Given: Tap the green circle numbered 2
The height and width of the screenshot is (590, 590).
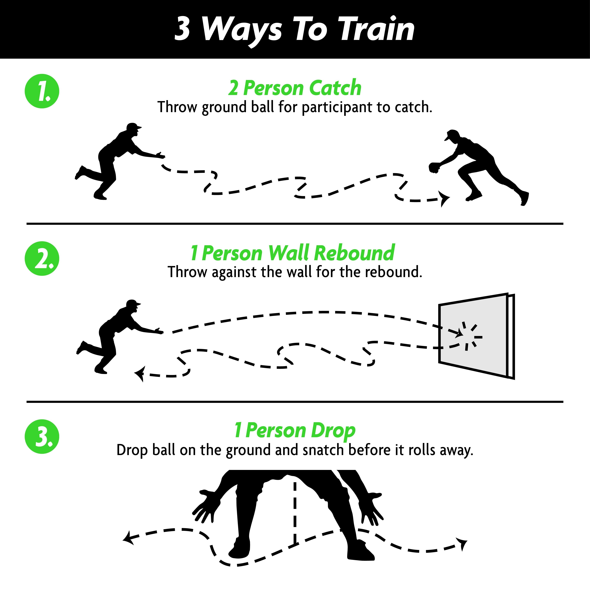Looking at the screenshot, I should tap(42, 258).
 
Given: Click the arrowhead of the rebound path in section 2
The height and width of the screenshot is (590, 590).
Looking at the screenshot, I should tap(140, 374).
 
